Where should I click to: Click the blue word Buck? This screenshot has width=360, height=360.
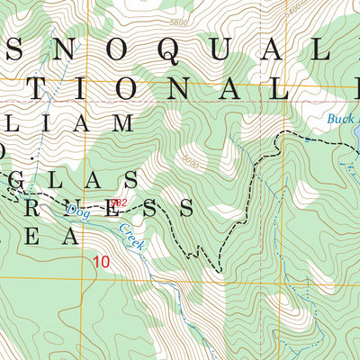coord(340,119)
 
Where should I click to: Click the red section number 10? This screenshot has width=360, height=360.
coord(102,261)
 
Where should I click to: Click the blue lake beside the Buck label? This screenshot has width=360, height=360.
coord(356,135)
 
